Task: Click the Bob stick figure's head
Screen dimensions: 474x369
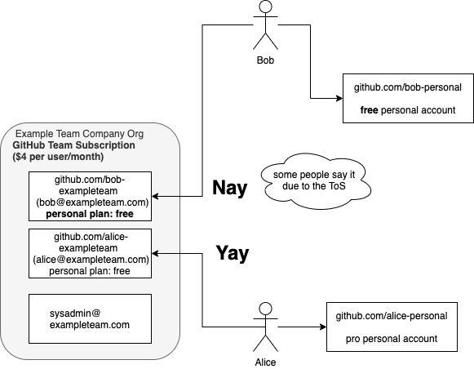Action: pos(265,7)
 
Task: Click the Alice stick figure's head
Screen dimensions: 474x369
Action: pos(265,309)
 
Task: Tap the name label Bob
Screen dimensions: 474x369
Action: pos(265,60)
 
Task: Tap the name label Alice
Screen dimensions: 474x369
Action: pos(265,362)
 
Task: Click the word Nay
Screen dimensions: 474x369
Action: pos(230,188)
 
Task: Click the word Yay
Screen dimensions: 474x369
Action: pos(233,253)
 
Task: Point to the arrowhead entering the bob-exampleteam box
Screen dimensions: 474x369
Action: pos(155,196)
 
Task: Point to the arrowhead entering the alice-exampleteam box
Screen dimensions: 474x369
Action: pos(155,253)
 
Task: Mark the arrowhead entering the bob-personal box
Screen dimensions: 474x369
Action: pos(339,98)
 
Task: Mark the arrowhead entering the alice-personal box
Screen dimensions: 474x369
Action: pos(323,327)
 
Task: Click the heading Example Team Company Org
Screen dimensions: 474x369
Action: pos(79,134)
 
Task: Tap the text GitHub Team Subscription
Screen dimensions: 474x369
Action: pos(73,145)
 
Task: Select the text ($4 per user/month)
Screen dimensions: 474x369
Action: pos(58,157)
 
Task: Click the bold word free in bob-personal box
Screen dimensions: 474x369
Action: pos(369,109)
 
